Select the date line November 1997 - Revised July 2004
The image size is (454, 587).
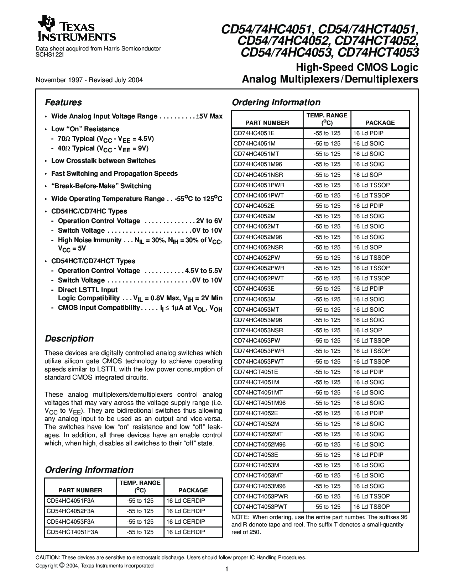[x=89, y=80]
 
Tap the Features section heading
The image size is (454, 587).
[x=63, y=102]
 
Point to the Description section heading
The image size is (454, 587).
[x=69, y=339]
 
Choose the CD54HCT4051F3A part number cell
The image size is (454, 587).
[x=72, y=532]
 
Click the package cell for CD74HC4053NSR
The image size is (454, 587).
[x=367, y=330]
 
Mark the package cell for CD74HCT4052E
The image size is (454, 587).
[x=368, y=413]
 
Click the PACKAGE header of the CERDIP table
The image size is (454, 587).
[x=193, y=490]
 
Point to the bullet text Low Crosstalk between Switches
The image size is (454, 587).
[x=103, y=161]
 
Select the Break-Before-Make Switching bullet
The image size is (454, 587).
[x=101, y=186]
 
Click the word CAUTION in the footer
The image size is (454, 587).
[x=47, y=558]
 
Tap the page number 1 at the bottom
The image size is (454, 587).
[x=227, y=569]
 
